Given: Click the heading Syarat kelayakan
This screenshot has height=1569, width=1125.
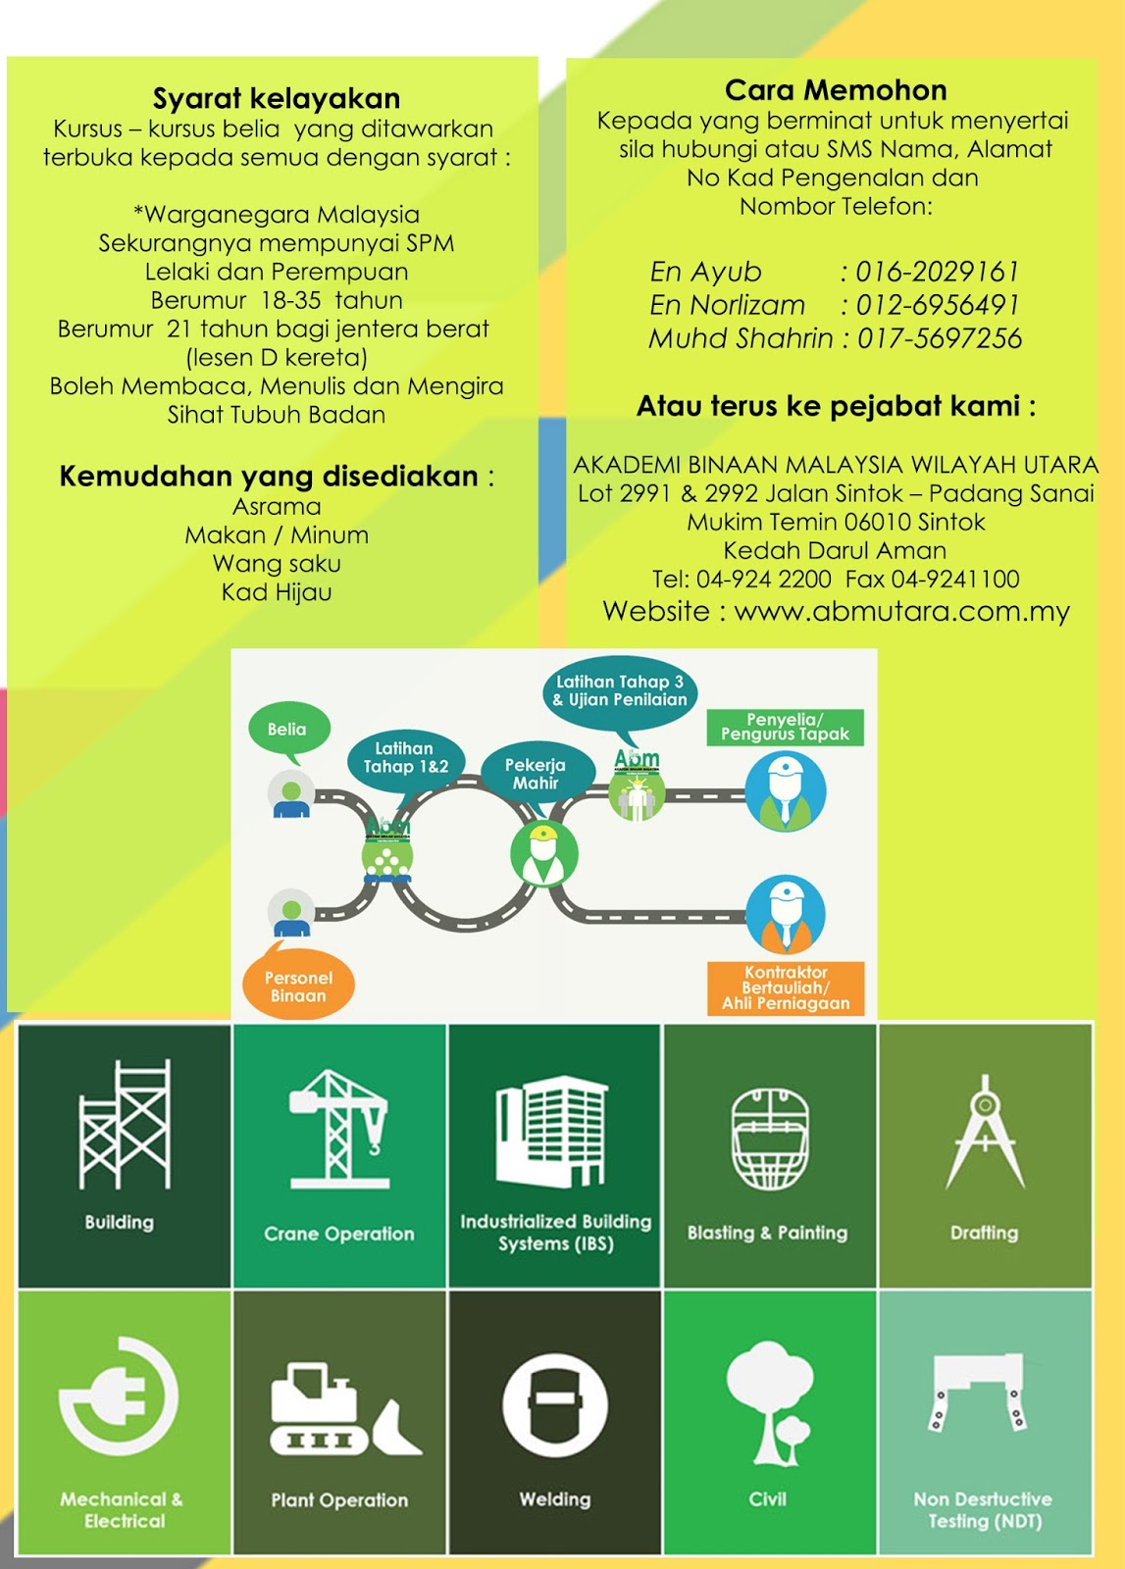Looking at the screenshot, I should pos(277,98).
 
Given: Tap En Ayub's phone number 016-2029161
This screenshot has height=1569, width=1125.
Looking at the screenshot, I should pos(937,272).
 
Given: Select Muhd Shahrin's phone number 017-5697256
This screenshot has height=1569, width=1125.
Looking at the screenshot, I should pos(939,338).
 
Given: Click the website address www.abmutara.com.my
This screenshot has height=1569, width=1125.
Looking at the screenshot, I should pos(901,611).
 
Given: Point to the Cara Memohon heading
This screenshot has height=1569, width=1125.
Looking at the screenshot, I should pos(836,90).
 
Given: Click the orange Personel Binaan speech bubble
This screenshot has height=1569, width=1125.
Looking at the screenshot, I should pos(298,986).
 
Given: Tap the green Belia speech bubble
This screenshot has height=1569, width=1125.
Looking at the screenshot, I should pos(286,729).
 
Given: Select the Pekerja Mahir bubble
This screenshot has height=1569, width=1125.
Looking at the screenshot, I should pos(536,773).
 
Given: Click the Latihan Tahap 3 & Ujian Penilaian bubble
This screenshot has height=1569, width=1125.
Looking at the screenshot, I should pos(619,690).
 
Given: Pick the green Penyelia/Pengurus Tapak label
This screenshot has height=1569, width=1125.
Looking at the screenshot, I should pos(785,727).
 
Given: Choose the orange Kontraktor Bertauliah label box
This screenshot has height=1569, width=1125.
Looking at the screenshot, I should pos(786,987).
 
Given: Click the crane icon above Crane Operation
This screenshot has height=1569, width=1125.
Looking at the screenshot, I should pos(340,1128).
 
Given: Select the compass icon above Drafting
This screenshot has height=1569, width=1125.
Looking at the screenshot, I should pos(985,1132).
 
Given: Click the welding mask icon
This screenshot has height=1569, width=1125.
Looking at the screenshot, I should pos(555,1404).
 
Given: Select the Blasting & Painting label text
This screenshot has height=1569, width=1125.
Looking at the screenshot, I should pos(767,1233).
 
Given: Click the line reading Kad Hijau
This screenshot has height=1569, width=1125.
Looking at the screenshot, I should pos(277,592).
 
